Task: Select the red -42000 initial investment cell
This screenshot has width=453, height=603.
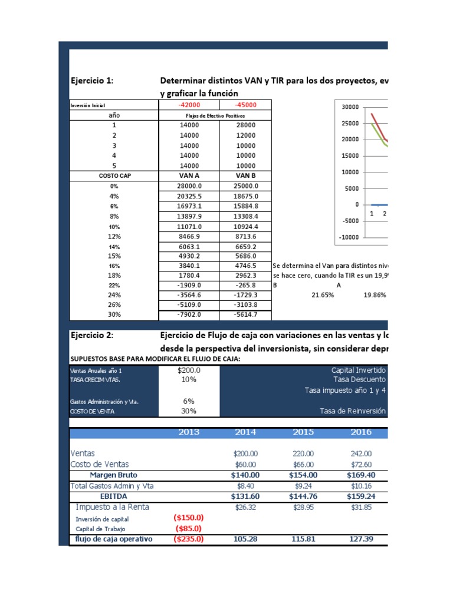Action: click(x=189, y=105)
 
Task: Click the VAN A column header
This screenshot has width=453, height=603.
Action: click(x=189, y=175)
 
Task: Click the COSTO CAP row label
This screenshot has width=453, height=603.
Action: click(x=114, y=175)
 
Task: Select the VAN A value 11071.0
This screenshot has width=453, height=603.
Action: click(x=189, y=226)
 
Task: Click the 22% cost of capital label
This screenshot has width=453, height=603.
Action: click(x=114, y=285)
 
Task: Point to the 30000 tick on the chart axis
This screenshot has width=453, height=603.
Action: click(x=350, y=107)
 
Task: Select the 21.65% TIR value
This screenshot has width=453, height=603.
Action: click(x=322, y=295)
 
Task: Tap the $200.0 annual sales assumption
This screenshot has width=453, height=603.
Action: click(x=189, y=370)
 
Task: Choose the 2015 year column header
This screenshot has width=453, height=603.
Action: click(x=303, y=432)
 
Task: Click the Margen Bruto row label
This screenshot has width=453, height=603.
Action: click(x=114, y=475)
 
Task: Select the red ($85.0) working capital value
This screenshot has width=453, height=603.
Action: click(x=189, y=528)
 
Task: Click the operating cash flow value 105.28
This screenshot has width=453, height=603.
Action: click(x=245, y=539)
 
